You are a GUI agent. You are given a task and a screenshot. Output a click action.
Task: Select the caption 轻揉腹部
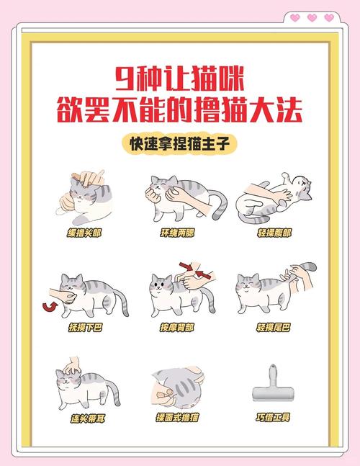(274, 233)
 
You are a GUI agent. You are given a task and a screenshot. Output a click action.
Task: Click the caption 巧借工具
(274, 417)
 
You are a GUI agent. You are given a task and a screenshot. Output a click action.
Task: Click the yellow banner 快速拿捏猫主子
(180, 143)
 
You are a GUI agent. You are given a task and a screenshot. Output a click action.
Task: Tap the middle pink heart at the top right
(312, 17)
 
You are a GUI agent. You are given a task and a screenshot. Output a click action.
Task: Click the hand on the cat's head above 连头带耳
(71, 366)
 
